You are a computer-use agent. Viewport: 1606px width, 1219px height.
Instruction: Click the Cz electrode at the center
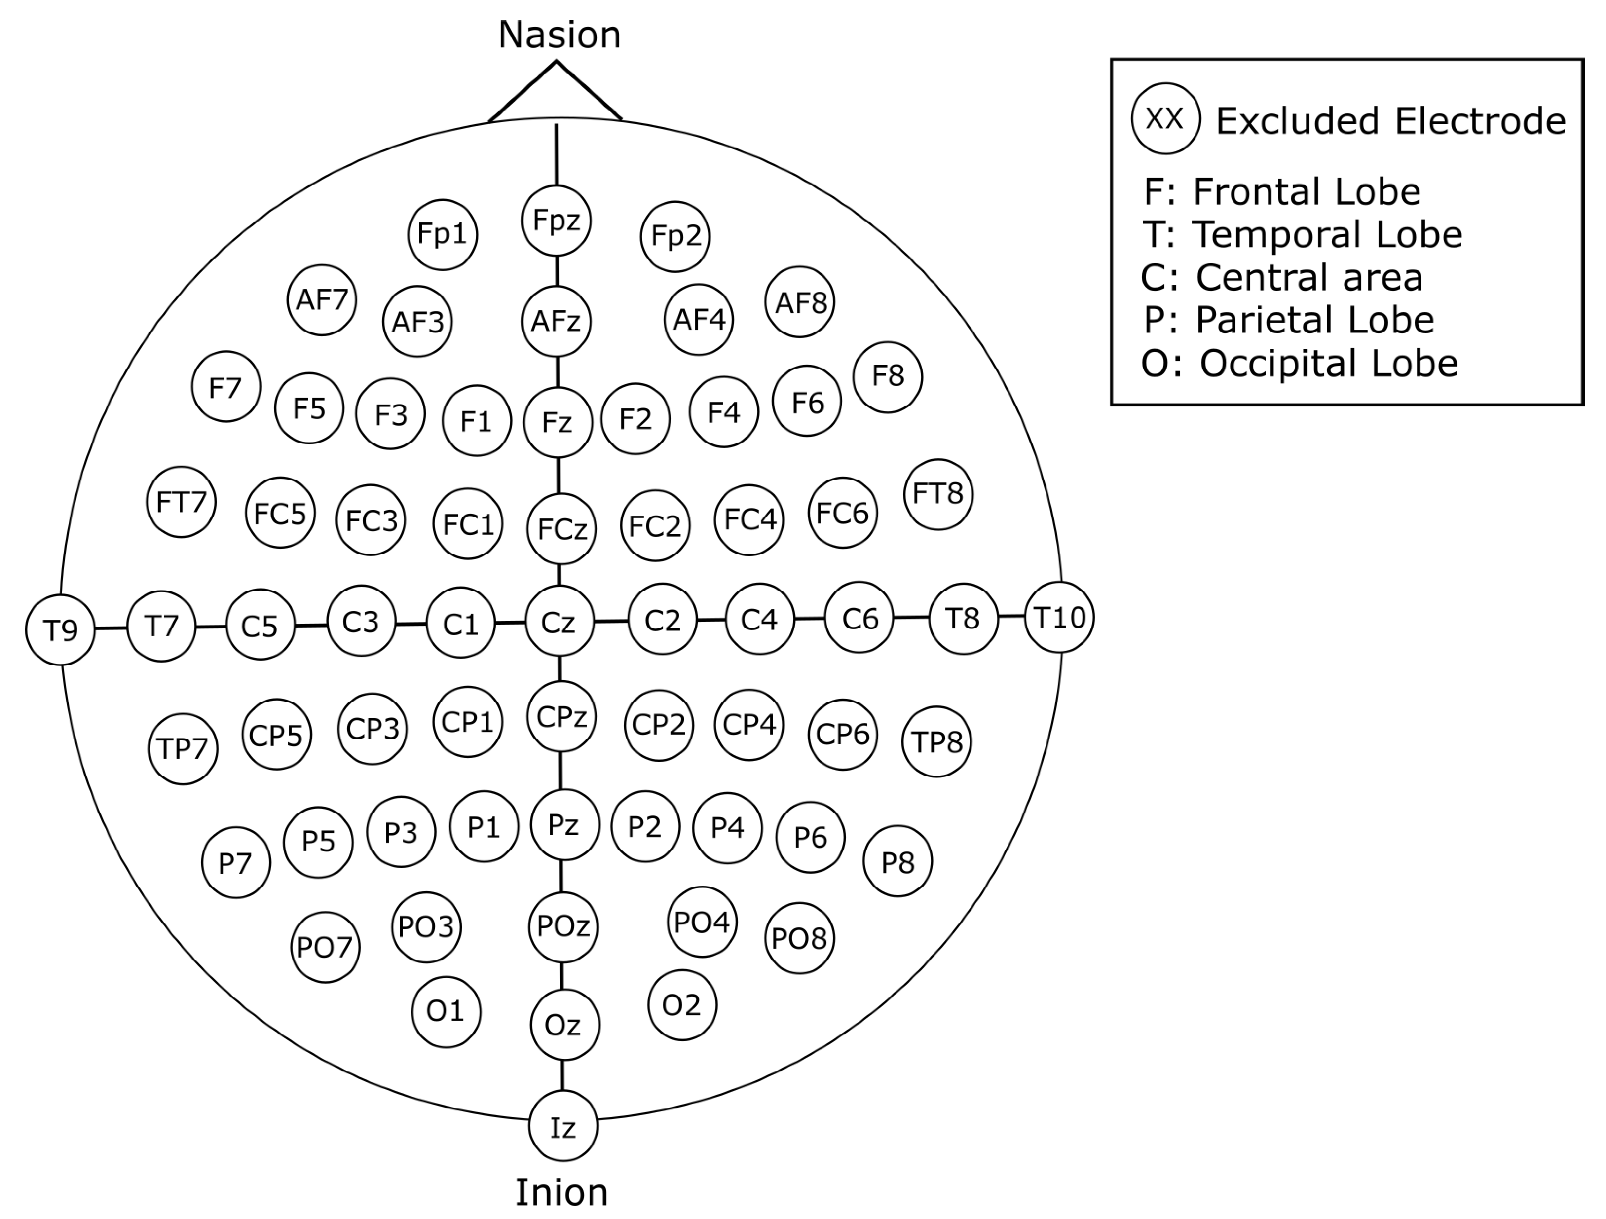559,622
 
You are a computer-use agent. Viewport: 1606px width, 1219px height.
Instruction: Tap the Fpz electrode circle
556,220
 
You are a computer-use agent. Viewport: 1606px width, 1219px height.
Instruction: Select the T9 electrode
60,629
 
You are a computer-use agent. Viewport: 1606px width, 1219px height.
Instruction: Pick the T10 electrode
1059,617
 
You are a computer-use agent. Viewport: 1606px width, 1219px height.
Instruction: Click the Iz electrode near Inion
562,1127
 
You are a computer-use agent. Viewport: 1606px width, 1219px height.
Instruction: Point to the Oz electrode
565,1025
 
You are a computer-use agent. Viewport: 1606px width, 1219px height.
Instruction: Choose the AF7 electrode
322,299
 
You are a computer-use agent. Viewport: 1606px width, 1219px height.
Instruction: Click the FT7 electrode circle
181,502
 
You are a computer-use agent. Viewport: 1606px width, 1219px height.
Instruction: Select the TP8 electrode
936,742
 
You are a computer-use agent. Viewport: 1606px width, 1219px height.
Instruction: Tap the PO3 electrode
426,926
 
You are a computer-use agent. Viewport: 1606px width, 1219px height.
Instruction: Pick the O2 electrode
682,1005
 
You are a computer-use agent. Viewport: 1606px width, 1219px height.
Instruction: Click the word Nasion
559,35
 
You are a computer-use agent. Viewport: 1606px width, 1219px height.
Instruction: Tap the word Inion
561,1193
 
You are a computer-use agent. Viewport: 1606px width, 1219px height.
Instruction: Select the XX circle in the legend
1165,118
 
